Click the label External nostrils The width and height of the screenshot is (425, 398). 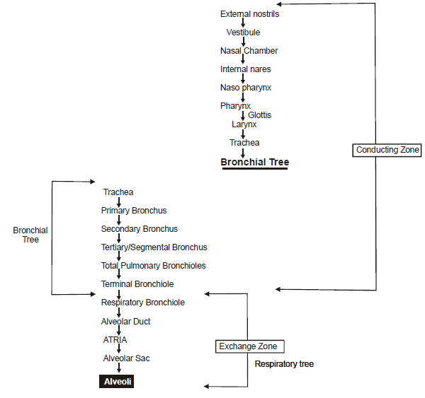[249, 14]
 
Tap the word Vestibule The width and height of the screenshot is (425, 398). [243, 33]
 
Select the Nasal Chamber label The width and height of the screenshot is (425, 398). [249, 51]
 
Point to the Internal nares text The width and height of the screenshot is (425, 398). [245, 69]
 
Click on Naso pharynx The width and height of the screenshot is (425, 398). [246, 88]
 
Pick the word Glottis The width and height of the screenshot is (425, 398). [259, 115]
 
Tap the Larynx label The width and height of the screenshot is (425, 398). [243, 124]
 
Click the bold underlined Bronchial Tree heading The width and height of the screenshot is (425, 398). [254, 162]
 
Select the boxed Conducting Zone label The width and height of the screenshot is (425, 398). [387, 150]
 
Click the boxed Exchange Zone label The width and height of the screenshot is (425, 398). [251, 346]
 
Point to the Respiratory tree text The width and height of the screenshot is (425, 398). [284, 364]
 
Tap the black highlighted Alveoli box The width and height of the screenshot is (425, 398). [116, 381]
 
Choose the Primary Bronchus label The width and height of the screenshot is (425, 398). [134, 211]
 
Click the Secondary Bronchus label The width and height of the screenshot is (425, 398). [139, 229]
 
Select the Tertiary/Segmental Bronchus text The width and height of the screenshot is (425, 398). [154, 247]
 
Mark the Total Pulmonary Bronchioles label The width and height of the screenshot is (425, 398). [153, 266]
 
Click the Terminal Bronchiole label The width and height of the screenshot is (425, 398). [137, 284]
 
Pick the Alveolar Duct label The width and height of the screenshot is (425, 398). [125, 322]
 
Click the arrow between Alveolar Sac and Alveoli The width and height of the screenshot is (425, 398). [119, 369]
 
